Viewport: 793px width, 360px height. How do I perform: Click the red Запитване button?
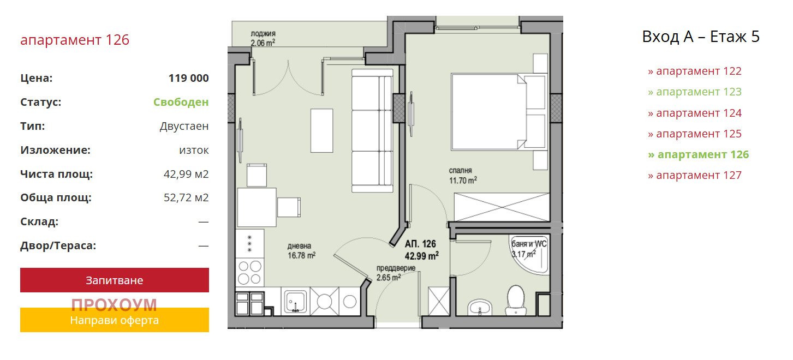click(x=115, y=280)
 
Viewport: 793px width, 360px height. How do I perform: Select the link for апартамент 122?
click(x=695, y=71)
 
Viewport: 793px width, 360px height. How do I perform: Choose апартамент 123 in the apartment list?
click(x=695, y=92)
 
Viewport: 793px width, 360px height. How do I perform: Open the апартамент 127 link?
click(x=695, y=175)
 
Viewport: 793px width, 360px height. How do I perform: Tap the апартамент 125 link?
click(x=695, y=134)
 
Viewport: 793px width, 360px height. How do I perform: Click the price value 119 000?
click(x=188, y=78)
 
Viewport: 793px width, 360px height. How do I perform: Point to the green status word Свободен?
click(x=181, y=102)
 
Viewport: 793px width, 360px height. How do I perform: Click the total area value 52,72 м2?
click(x=186, y=197)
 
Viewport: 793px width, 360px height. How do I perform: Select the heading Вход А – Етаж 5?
click(x=701, y=37)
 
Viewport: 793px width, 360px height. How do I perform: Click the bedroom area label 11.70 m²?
click(x=463, y=181)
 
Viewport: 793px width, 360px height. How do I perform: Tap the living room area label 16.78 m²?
click(x=301, y=255)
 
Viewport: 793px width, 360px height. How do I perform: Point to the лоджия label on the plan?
click(x=263, y=34)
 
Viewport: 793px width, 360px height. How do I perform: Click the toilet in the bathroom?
click(x=516, y=300)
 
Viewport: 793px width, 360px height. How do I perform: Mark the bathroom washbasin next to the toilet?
click(x=480, y=308)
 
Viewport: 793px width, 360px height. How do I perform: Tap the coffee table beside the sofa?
click(x=322, y=130)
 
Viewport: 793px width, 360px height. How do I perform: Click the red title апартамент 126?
click(x=75, y=40)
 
